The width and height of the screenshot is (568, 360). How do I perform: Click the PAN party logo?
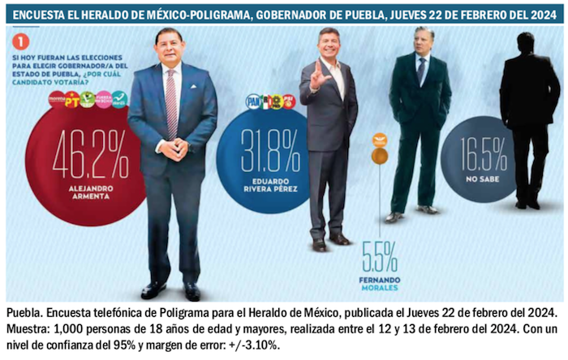(x=253, y=101)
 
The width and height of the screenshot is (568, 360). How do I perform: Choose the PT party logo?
(x=72, y=100)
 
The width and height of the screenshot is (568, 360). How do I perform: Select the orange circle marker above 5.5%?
(x=379, y=155)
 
